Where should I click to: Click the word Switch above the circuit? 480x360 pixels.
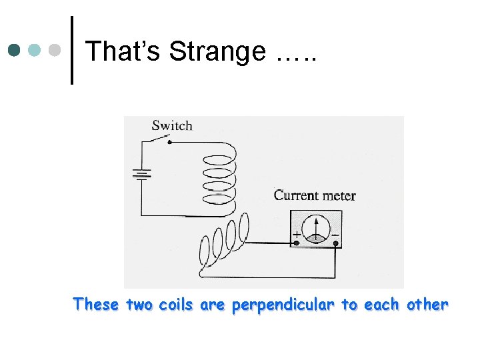(x=171, y=125)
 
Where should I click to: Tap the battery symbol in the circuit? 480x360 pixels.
(x=142, y=174)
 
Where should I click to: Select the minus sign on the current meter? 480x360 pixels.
(x=335, y=235)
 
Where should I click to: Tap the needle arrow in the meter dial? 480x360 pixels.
(x=315, y=227)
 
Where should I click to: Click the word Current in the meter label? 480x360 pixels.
(x=297, y=195)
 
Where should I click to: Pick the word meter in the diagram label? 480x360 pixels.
(x=340, y=195)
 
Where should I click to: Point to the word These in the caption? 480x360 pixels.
(x=97, y=305)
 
